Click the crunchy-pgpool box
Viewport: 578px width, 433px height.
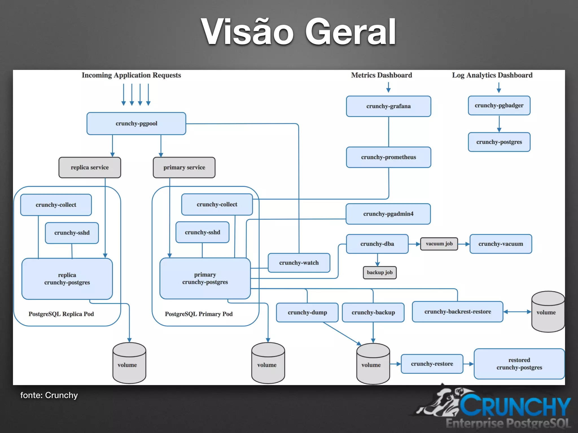(x=136, y=123)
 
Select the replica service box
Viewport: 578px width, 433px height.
(x=90, y=167)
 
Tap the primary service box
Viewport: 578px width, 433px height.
(x=184, y=167)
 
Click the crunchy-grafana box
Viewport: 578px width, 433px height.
(x=388, y=106)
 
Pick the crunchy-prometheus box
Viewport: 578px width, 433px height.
(x=388, y=157)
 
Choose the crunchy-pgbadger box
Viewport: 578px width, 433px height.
(x=499, y=105)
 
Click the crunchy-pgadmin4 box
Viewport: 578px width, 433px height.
(x=388, y=214)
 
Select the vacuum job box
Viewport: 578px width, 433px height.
(x=439, y=244)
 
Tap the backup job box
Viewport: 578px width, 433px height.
(x=380, y=273)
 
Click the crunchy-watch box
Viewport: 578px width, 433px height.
(x=299, y=263)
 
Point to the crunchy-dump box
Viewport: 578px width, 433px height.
(x=307, y=312)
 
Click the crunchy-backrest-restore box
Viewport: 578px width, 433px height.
(x=457, y=312)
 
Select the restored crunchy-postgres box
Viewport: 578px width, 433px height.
(x=519, y=364)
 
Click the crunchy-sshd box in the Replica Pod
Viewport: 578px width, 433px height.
(x=72, y=233)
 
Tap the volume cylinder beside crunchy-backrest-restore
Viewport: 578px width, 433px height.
(x=548, y=312)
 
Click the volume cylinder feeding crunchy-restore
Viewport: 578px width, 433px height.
(x=373, y=364)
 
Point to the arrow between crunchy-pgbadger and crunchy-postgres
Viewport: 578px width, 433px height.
(x=499, y=124)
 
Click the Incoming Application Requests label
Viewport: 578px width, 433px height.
(x=131, y=75)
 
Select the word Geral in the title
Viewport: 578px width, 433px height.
(x=350, y=32)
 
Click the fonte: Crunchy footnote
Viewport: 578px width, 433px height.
(x=49, y=395)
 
